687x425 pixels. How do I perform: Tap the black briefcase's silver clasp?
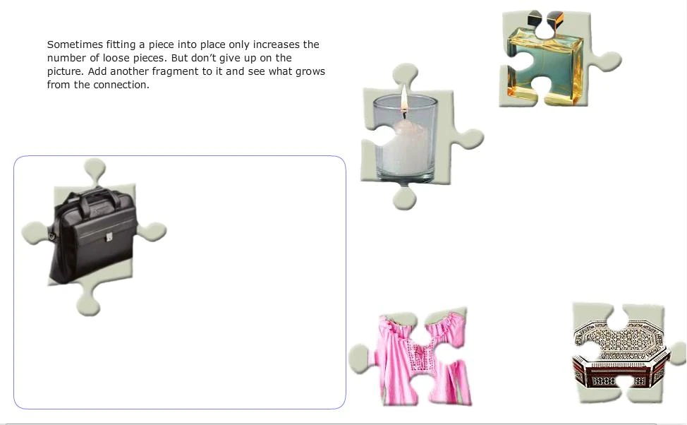[109, 237]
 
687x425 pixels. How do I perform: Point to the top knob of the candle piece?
[406, 75]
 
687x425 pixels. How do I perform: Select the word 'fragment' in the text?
[175, 71]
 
